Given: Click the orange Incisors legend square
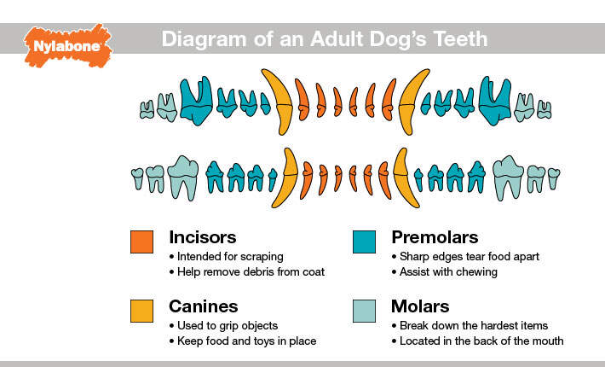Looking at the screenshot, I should pos(141,242).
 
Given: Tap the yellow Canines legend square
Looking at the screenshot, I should pos(141,311).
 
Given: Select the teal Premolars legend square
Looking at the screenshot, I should pos(364,242).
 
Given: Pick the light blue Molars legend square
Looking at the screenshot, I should pos(364,311).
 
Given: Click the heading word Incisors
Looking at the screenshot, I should pos(203,237).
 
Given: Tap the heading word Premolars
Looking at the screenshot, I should pos(435,237).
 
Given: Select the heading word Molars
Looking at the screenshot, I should pos(420,306).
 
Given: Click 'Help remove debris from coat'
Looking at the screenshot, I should pos(247,272).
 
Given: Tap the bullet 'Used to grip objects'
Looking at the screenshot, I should pos(224,325).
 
